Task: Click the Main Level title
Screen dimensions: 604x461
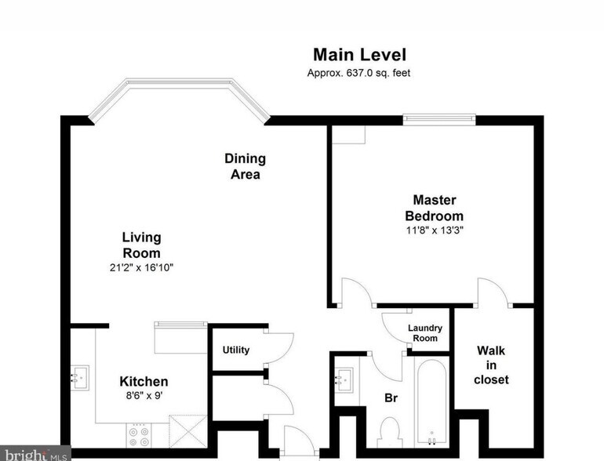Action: coord(359,55)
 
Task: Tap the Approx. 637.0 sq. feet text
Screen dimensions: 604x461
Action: coord(358,73)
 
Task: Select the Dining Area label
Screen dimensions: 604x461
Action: coord(246,166)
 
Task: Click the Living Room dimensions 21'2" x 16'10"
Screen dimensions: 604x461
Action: coord(141,267)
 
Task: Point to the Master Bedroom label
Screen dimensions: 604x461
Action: coord(434,208)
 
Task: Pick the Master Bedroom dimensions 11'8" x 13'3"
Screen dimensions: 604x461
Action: coord(435,230)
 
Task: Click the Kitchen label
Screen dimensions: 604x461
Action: coord(144,381)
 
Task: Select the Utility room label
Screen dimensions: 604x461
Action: coord(236,350)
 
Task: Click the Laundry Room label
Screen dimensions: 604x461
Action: coord(425,333)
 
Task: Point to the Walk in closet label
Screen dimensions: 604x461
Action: coord(491,365)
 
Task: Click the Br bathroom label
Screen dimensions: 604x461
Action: coord(391,398)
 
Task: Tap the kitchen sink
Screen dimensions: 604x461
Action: coord(80,378)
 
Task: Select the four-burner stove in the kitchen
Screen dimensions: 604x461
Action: coord(139,436)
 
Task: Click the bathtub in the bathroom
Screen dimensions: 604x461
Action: coord(431,403)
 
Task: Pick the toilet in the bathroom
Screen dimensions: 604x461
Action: coord(390,433)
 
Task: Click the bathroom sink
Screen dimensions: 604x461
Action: coord(344,380)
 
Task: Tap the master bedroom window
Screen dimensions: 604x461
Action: coord(439,119)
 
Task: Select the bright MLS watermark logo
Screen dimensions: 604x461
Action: coord(35,454)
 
